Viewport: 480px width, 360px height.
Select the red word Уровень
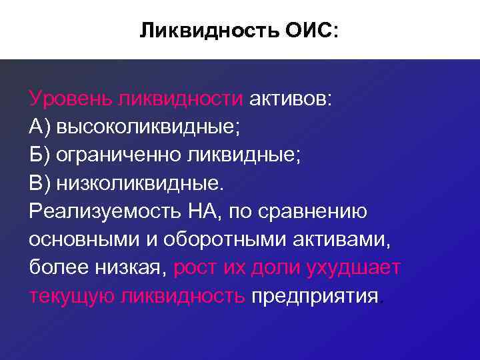pyautogui.click(x=70, y=99)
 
